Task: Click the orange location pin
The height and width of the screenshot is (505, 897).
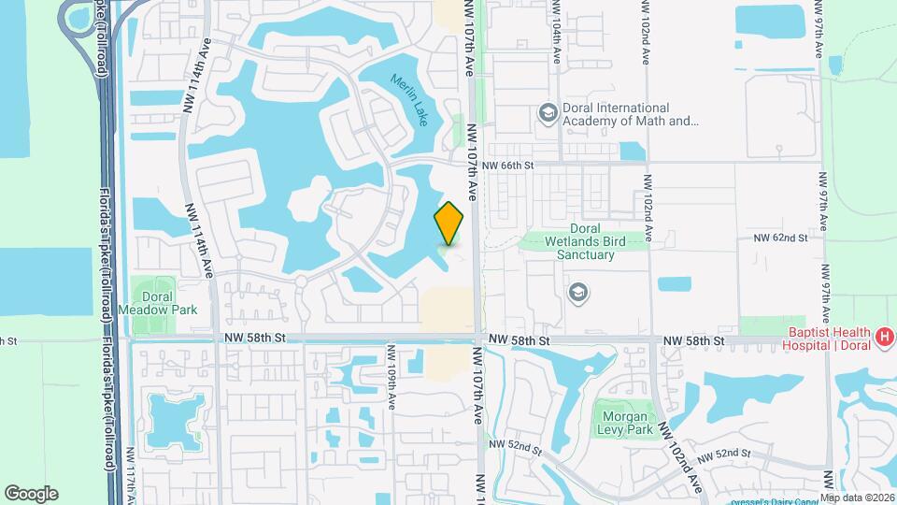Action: [449, 224]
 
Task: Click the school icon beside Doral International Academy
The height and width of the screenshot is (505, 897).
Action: [548, 113]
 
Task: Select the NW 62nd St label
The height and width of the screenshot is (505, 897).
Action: [779, 238]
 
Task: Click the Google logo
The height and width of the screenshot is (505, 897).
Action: [31, 493]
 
